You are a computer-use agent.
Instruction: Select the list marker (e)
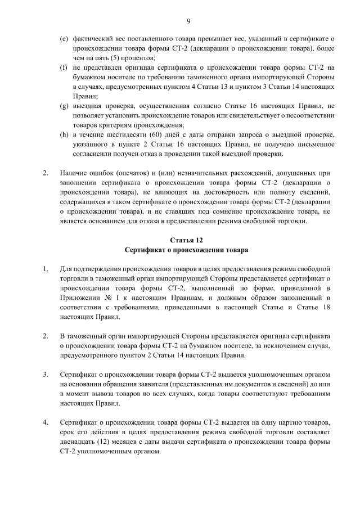click(64, 39)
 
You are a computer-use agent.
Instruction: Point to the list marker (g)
click(64, 106)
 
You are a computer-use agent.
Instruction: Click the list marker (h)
click(64, 134)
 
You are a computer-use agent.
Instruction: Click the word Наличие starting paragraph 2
click(74, 173)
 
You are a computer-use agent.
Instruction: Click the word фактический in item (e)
click(91, 39)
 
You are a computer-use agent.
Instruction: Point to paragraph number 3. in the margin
click(46, 374)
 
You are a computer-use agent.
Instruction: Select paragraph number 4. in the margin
click(46, 421)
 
